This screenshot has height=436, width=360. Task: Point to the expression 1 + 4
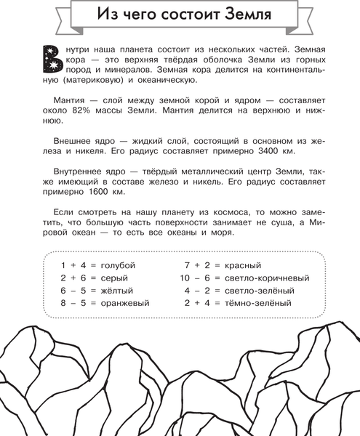click(x=73, y=265)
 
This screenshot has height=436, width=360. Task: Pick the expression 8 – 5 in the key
click(x=73, y=303)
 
